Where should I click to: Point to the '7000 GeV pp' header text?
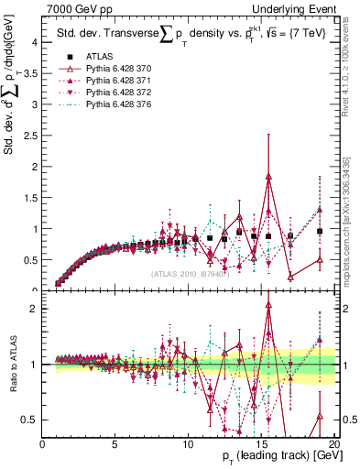(x=74, y=8)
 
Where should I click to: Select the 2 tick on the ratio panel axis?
(x=35, y=309)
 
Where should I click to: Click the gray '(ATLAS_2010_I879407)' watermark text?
(x=188, y=274)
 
